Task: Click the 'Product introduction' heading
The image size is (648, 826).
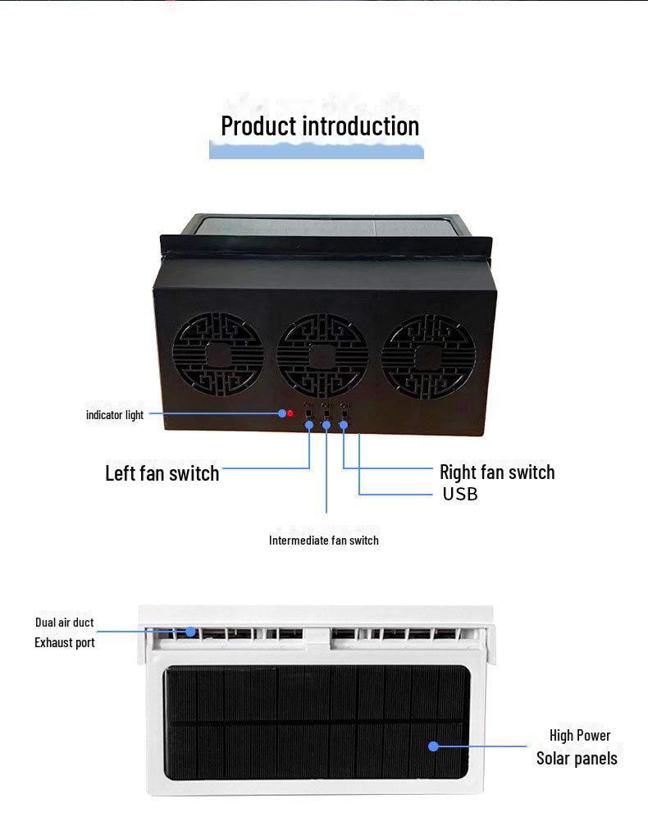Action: coord(320,126)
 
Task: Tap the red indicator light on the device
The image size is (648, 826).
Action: coord(290,413)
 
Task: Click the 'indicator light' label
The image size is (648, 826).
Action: coord(115,415)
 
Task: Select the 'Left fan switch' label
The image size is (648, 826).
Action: coord(162,473)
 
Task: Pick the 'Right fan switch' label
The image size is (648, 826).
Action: coord(497,472)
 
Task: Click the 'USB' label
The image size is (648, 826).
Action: coord(460,494)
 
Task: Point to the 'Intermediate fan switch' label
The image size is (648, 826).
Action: coord(323,541)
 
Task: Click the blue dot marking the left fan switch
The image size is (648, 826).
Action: coord(309,425)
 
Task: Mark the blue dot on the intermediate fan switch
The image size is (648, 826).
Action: coord(326,425)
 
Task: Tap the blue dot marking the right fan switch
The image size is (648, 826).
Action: coord(344,425)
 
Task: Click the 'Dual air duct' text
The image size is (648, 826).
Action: coord(64,623)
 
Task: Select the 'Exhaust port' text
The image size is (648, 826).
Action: coord(64,643)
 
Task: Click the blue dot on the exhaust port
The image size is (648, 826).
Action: coord(191,632)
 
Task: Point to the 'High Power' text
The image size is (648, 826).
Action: coord(580,736)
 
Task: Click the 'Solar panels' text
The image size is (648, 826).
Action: coord(577,759)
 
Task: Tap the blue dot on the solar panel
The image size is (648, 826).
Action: coord(434,746)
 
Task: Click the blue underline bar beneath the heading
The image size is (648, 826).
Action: coord(317,151)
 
